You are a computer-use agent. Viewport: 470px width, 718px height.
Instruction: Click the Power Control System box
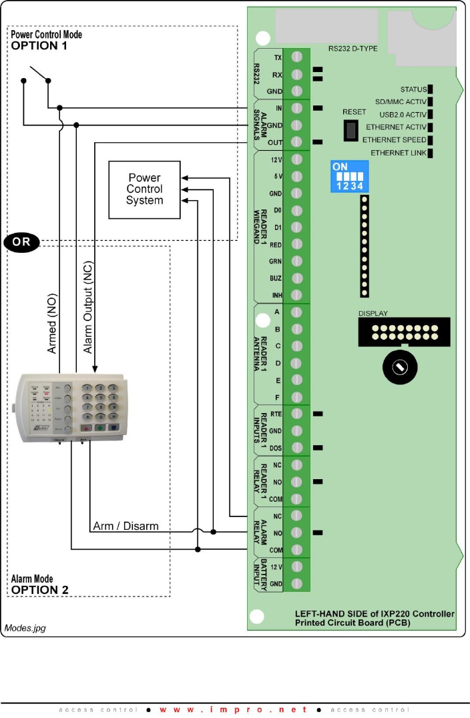tap(144, 190)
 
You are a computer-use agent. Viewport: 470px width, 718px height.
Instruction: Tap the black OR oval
tap(21, 242)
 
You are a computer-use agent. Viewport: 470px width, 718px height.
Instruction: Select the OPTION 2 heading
tap(40, 590)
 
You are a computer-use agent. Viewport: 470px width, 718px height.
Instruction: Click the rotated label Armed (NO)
tap(52, 324)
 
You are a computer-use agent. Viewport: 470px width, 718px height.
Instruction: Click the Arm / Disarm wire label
tap(126, 526)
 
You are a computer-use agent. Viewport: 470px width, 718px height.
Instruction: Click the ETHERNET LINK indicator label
tap(398, 153)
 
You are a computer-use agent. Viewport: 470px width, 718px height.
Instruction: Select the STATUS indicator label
tap(413, 89)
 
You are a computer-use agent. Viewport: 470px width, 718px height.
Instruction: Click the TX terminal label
tap(277, 58)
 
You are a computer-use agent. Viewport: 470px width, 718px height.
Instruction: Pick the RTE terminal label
tap(275, 414)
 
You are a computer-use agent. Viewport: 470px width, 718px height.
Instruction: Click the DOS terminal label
tap(275, 448)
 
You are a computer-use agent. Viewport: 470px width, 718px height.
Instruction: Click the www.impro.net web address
tap(234, 709)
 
